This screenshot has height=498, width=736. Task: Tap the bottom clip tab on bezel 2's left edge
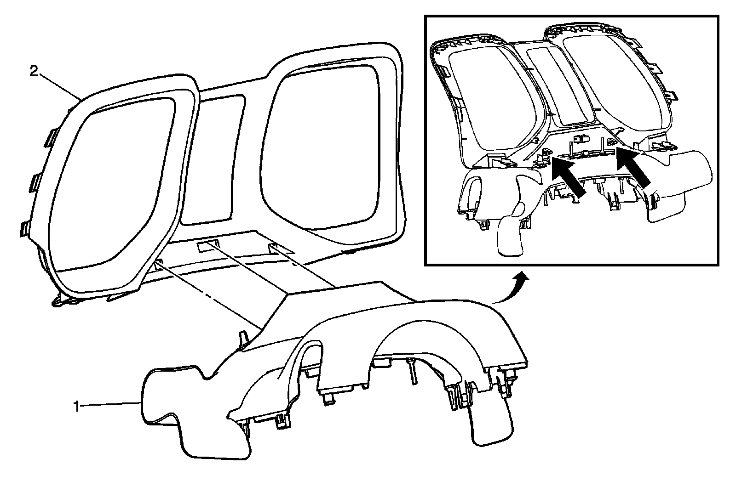click(26, 229)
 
